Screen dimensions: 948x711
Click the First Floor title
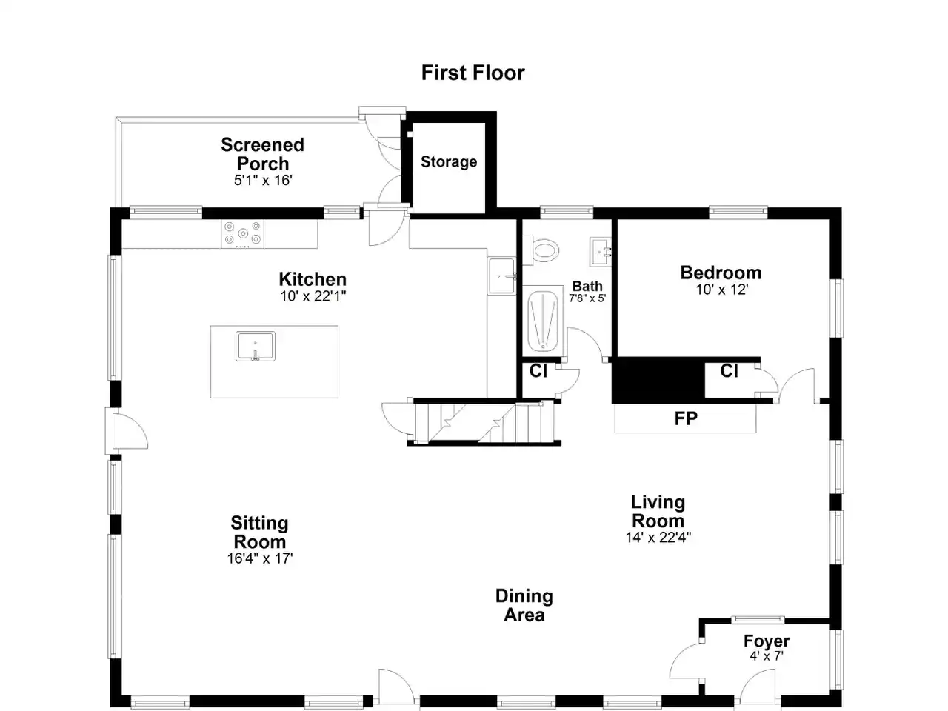(x=473, y=73)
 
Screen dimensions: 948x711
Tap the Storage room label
(x=449, y=162)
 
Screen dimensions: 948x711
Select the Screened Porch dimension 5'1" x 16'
(x=263, y=180)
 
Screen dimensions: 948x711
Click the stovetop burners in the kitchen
(x=243, y=233)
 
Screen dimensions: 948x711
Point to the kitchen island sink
(x=256, y=346)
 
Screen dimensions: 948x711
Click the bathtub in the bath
(x=542, y=321)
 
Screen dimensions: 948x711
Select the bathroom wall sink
(x=601, y=252)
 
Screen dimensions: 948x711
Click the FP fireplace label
(x=686, y=418)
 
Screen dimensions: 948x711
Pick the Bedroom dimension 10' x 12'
(x=721, y=290)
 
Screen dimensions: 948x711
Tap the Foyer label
(x=767, y=641)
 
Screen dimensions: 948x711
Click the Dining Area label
(x=524, y=606)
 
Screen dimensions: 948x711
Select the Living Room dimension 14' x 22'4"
(x=658, y=538)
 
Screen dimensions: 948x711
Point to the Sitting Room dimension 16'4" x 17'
(x=260, y=558)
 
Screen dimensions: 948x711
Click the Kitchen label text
(x=313, y=279)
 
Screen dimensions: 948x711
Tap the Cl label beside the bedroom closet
(x=729, y=371)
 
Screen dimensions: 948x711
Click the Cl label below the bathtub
(x=538, y=371)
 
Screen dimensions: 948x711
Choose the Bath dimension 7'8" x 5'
(x=587, y=298)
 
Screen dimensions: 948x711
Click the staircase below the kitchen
(x=484, y=423)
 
